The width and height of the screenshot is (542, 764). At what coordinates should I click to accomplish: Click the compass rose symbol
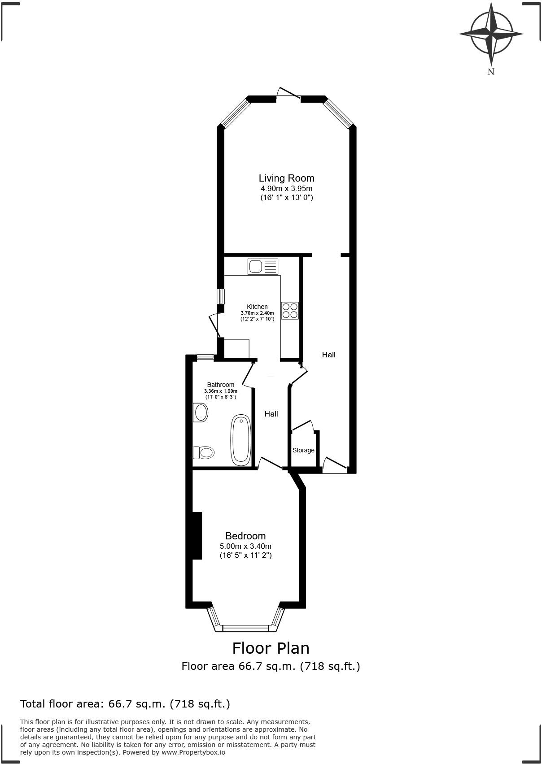[x=491, y=34]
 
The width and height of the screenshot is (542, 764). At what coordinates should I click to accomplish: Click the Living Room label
[x=286, y=178]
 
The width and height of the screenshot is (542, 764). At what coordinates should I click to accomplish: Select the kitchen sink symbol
[x=262, y=267]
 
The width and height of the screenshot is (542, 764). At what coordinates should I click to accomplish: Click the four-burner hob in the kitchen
[x=290, y=310]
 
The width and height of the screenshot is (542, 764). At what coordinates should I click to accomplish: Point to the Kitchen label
[x=257, y=307]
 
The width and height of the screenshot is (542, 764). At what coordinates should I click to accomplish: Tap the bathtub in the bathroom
[x=240, y=440]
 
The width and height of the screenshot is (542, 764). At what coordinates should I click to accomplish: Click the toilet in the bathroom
[x=203, y=452]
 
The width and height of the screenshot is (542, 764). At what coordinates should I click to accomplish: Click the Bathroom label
[x=220, y=385]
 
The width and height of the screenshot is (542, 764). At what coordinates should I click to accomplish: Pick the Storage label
[x=303, y=450]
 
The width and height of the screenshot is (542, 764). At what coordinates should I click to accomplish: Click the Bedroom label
[x=245, y=536]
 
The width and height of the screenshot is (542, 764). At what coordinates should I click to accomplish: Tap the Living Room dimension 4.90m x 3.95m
[x=286, y=189]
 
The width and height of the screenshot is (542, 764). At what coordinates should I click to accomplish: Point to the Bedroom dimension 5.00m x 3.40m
[x=245, y=546]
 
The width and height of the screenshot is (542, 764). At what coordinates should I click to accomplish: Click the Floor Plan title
[x=271, y=648]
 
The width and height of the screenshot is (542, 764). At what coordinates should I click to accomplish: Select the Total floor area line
[x=125, y=704]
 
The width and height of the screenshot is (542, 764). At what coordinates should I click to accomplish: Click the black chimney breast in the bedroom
[x=197, y=535]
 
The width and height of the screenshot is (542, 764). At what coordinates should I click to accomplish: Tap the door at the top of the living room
[x=288, y=93]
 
